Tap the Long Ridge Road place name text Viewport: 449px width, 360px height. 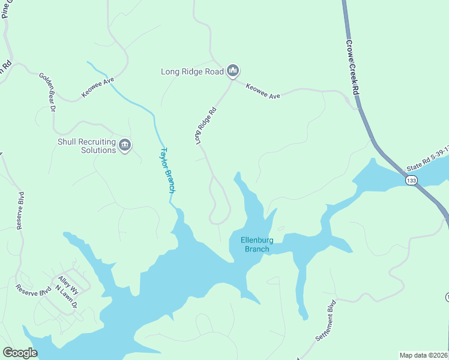pos(192,72)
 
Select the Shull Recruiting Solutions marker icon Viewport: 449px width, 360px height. pos(125,145)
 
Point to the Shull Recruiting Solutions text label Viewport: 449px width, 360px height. pos(86,146)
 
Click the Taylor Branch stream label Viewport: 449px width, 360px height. pos(169,170)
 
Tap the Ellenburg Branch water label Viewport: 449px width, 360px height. pos(257,245)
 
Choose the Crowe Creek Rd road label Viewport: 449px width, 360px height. pos(352,68)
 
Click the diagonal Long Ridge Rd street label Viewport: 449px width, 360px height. pos(205,125)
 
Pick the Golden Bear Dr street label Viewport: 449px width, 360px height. pos(47,92)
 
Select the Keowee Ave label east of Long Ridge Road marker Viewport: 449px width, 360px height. pos(263,91)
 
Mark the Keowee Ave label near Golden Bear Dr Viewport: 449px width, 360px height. pos(98,88)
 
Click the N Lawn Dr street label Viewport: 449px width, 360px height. pos(66,297)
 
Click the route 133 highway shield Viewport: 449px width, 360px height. pos(411,181)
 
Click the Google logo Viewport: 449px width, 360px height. pos(20,353)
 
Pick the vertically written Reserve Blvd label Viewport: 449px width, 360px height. pos(20,211)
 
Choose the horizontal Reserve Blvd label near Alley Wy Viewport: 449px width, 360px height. pos(34,290)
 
